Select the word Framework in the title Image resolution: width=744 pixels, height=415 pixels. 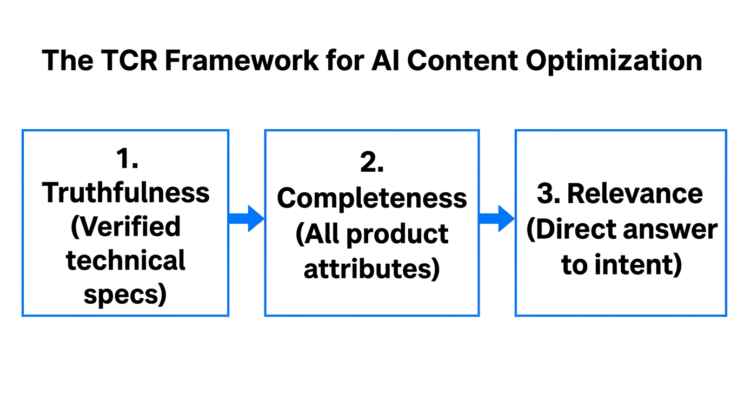[x=242, y=61]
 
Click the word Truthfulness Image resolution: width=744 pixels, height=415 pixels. [x=126, y=192]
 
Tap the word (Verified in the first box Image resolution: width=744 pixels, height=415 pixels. [x=126, y=226]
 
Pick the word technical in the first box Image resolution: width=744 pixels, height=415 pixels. [x=126, y=260]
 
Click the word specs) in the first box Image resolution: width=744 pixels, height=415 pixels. [x=125, y=294]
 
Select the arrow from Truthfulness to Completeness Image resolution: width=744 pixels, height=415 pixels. [x=246, y=218]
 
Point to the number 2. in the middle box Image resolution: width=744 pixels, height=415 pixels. [x=372, y=163]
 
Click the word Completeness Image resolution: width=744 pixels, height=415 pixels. [x=372, y=198]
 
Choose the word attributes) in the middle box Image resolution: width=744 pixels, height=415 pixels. [x=372, y=268]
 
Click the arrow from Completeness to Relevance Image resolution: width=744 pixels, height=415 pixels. [x=496, y=218]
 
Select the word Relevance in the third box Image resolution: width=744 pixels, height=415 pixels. [x=635, y=194]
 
